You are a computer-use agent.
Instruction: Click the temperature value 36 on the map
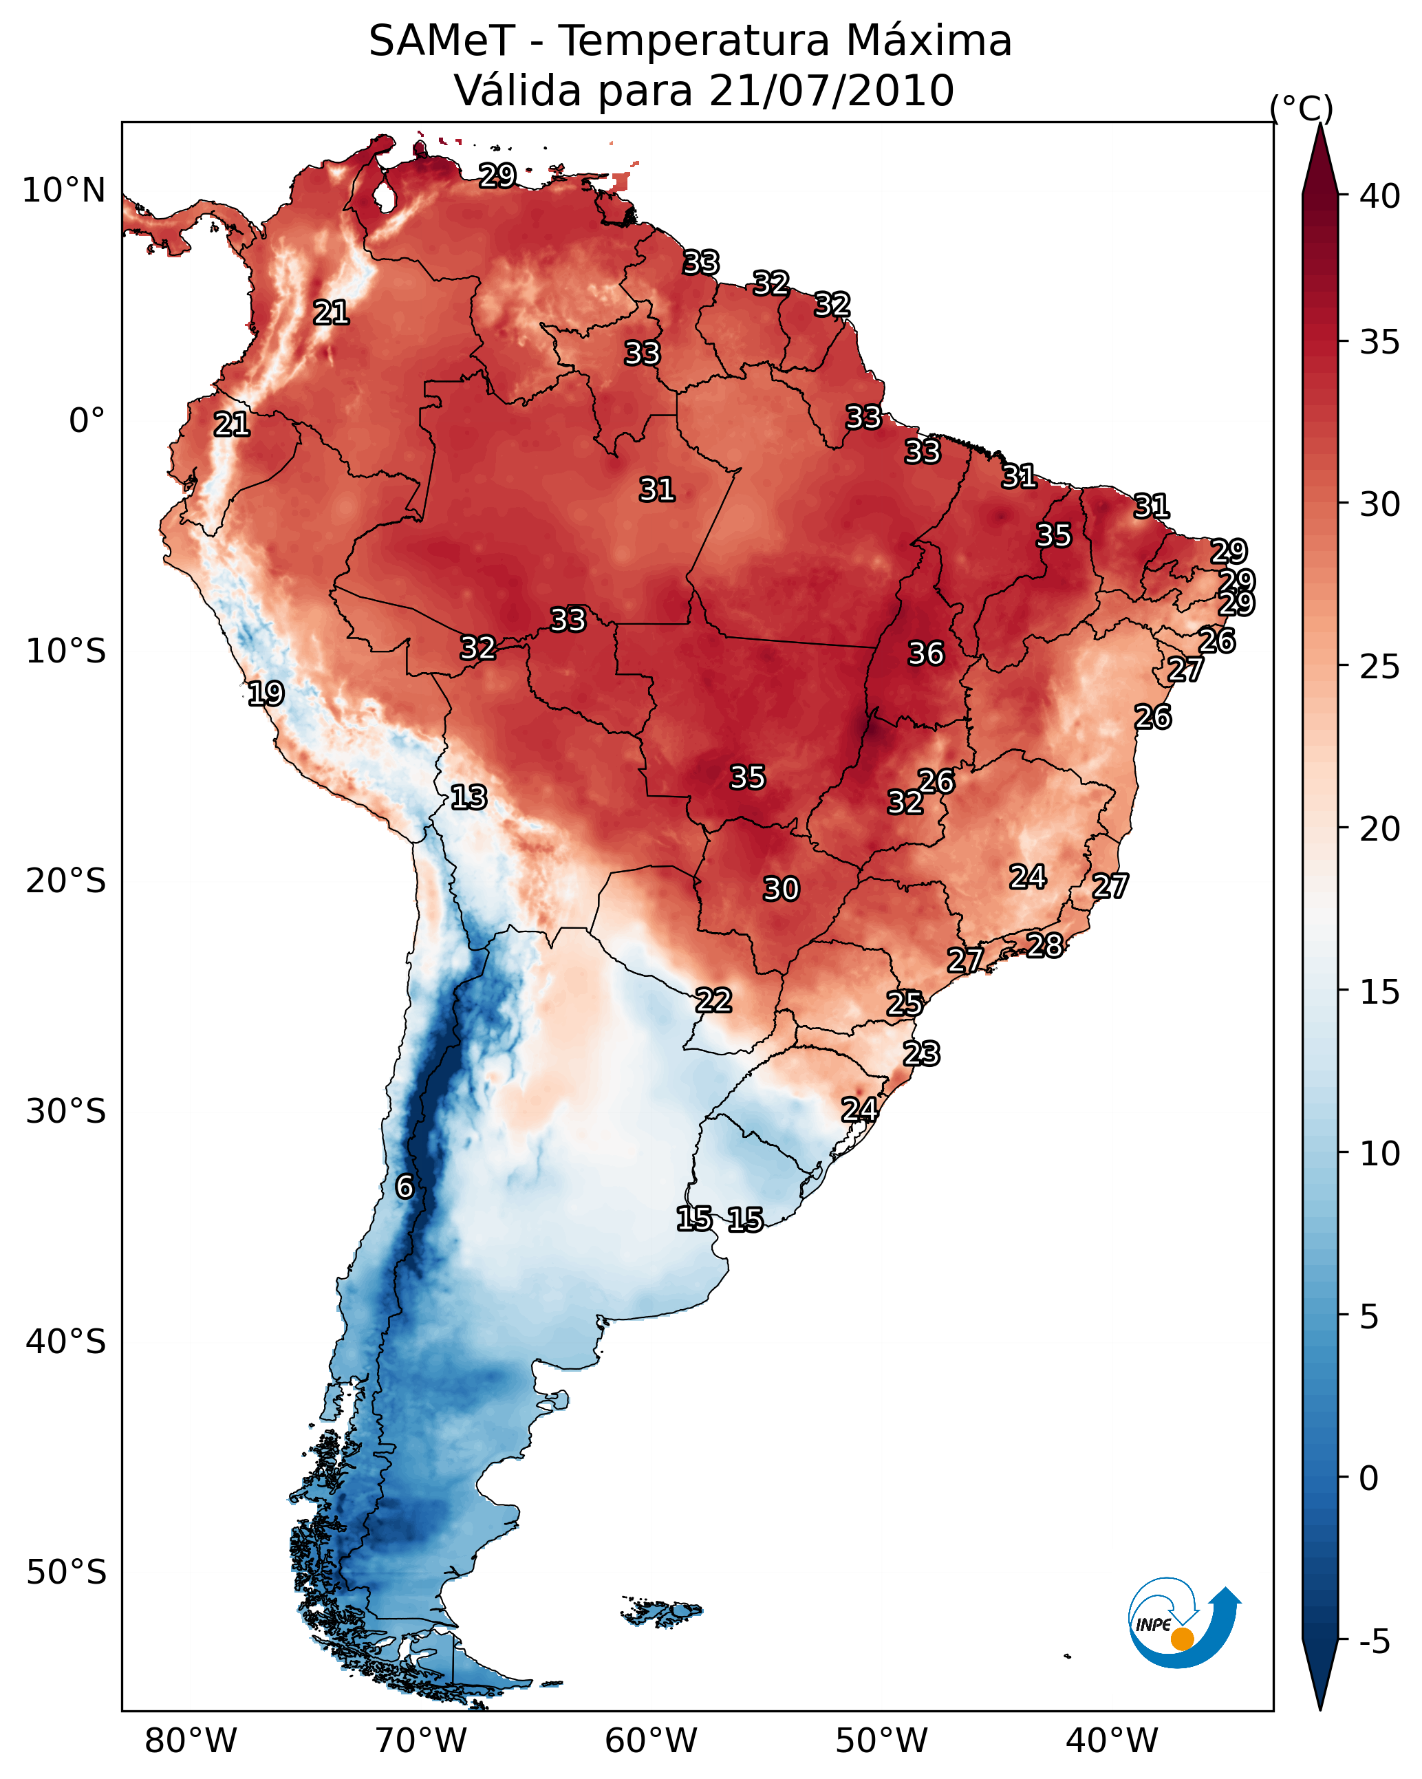(925, 654)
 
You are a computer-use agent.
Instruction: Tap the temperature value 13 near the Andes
(468, 797)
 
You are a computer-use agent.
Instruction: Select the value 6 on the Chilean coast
(404, 1187)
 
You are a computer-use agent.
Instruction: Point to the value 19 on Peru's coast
(265, 693)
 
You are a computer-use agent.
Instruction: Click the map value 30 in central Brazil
(781, 889)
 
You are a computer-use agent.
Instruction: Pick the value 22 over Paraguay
(713, 1000)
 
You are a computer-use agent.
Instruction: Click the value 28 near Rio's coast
(1044, 945)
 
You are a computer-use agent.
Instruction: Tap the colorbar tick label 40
(1379, 196)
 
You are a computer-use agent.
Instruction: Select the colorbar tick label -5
(1373, 1642)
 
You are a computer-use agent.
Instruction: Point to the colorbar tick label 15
(1379, 991)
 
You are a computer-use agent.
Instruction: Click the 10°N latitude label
(63, 191)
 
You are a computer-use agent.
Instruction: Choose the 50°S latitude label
(66, 1573)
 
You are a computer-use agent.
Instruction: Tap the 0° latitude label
(87, 421)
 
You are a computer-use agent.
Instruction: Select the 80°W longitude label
(191, 1741)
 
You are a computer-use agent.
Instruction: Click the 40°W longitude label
(1112, 1741)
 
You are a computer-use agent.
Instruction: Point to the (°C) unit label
(1301, 108)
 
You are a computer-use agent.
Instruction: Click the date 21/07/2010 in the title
(831, 91)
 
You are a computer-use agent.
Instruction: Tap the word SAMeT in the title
(442, 41)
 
